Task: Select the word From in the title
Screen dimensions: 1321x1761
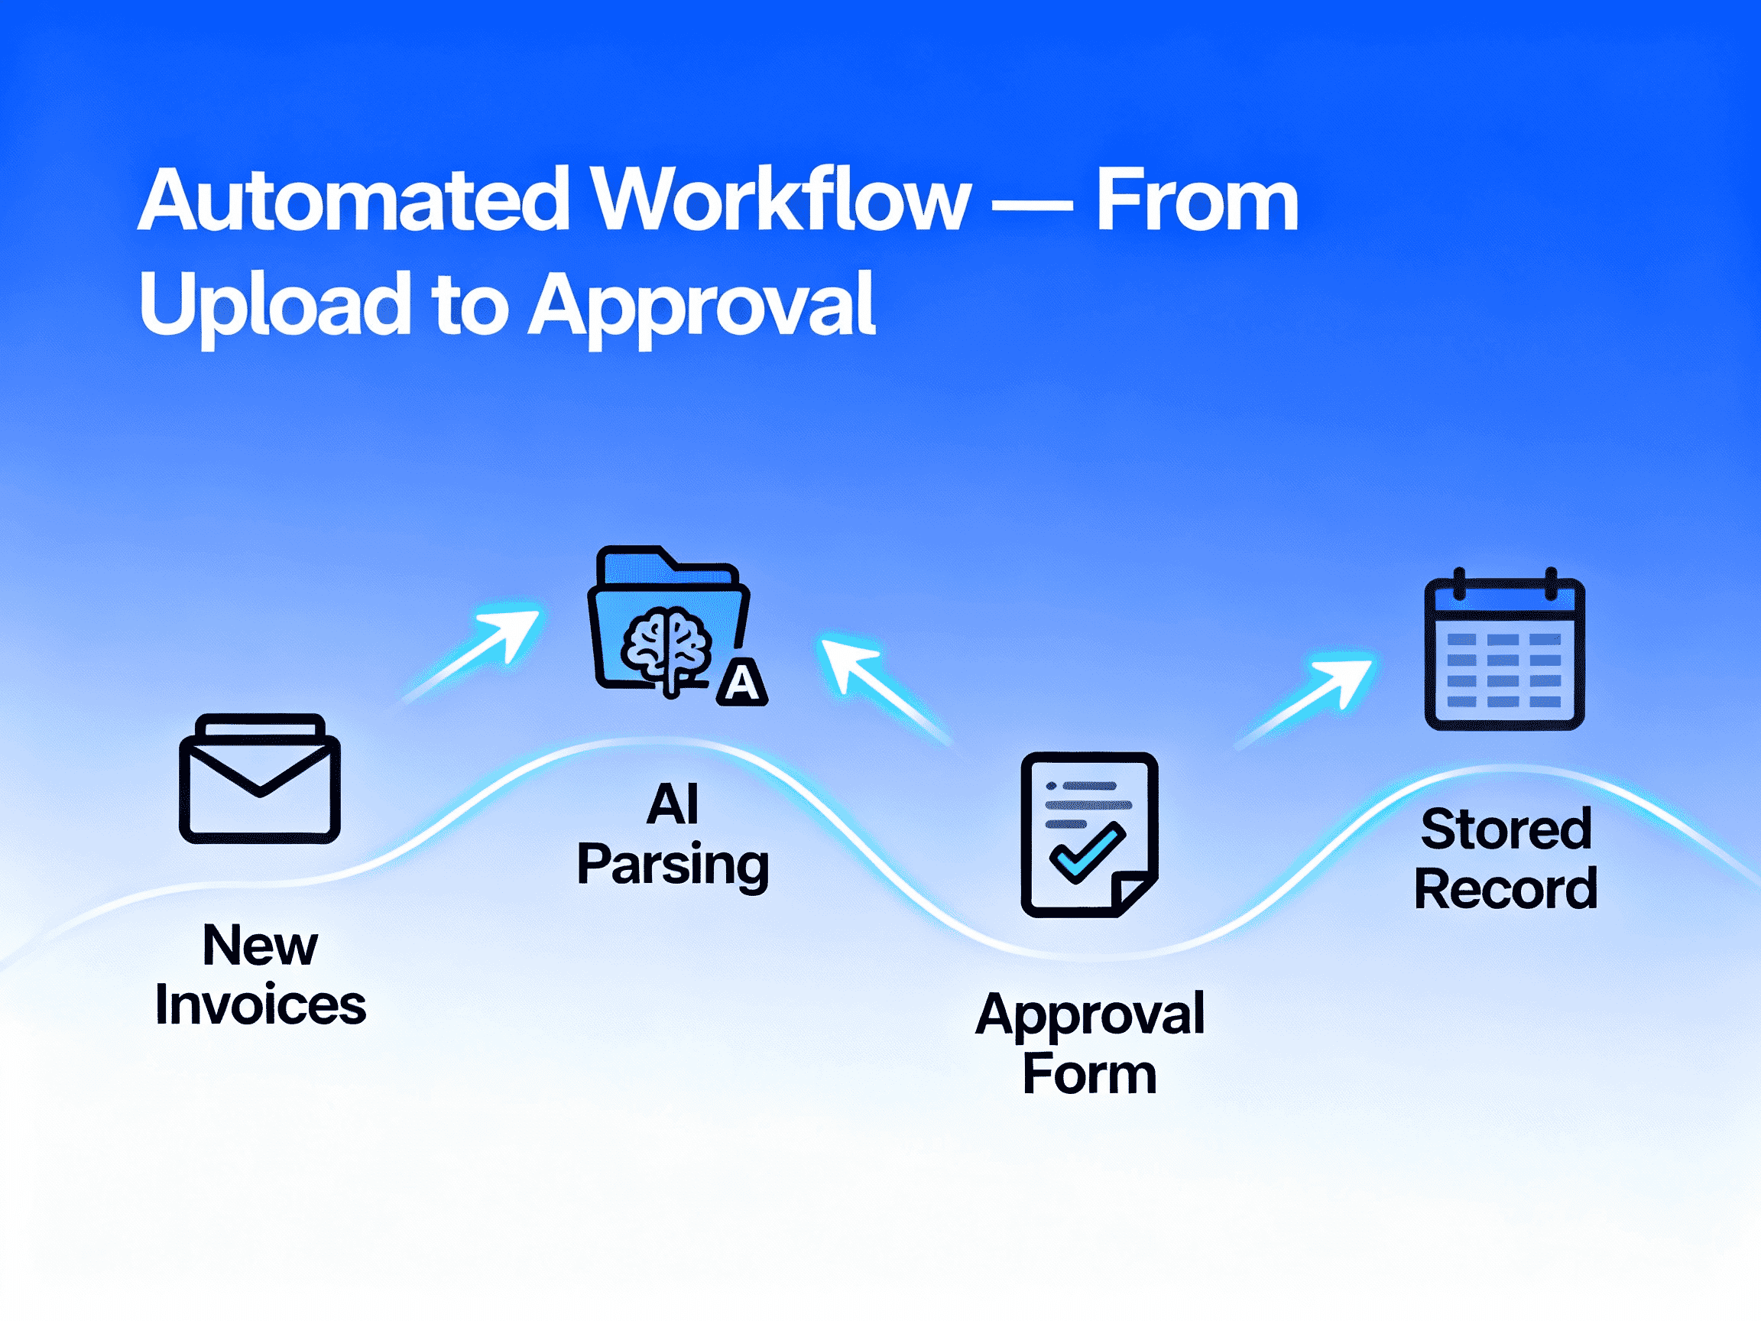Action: point(1197,200)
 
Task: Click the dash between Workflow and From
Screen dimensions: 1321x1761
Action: point(1033,209)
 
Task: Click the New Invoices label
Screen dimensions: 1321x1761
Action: point(261,975)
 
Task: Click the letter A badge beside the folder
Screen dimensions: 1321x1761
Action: point(742,683)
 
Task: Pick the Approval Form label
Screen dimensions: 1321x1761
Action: point(1090,1043)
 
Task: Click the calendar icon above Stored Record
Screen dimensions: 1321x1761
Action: point(1504,654)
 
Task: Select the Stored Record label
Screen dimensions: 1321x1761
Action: point(1506,858)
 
